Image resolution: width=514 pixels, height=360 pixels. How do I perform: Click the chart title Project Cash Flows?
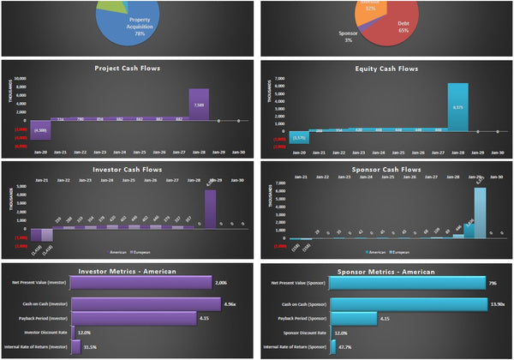(x=128, y=69)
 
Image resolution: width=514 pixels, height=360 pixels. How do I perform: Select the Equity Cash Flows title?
(x=386, y=69)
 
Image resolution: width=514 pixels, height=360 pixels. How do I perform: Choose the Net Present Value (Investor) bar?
(x=141, y=282)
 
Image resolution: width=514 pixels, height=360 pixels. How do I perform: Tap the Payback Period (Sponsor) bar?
(x=353, y=318)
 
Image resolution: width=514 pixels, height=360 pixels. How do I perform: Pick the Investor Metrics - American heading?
(x=128, y=271)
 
